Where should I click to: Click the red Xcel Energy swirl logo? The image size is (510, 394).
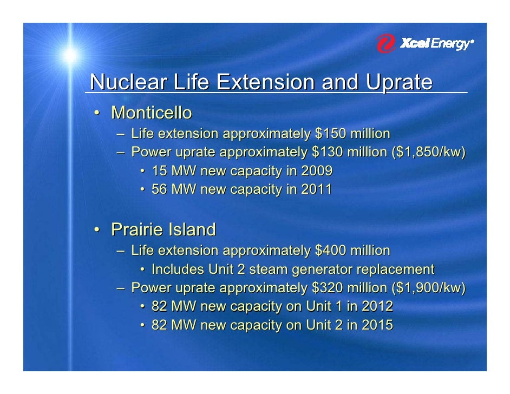pos(386,43)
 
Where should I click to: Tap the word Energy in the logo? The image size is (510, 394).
pos(450,44)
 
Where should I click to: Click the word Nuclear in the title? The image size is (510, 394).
pos(128,82)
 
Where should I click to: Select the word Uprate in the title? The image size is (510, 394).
pos(399,82)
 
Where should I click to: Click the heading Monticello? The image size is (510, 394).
pos(152,113)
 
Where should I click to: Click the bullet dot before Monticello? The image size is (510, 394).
pos(96,113)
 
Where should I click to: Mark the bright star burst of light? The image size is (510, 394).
pos(70,55)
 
